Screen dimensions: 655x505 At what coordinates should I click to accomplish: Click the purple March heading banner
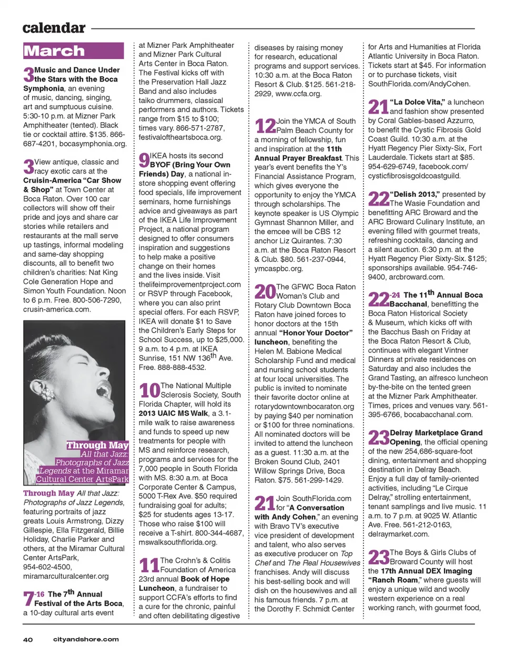coord(73,51)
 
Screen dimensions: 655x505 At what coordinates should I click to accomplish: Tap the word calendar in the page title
coord(54,28)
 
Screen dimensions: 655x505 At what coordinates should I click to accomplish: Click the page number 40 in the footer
coord(27,640)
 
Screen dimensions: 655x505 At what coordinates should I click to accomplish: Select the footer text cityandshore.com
coord(86,640)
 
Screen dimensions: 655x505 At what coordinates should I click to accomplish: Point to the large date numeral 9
coord(144,160)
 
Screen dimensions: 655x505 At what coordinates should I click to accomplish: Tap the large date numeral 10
coord(149,390)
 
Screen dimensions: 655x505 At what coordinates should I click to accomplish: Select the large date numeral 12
coord(265,126)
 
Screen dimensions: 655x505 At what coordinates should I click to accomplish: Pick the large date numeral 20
coord(265,291)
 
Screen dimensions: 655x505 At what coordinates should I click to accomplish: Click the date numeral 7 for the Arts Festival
coord(28,599)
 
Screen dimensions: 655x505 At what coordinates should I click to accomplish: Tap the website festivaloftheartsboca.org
coord(180,137)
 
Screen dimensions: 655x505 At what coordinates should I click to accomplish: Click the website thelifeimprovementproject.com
coord(189,285)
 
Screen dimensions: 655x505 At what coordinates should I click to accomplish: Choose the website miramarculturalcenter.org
coord(66,576)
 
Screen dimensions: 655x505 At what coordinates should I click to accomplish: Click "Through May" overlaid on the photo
coord(97,446)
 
